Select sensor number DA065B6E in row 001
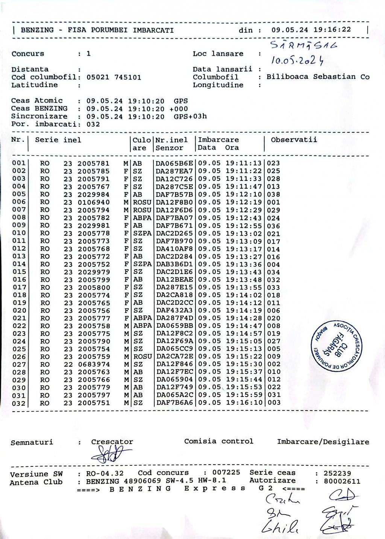pos(174,163)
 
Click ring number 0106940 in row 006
pos(94,202)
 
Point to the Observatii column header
pos(294,140)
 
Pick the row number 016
pos(19,280)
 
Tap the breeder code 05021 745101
pos(114,77)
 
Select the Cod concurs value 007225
pos(226,472)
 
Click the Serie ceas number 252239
pos(337,473)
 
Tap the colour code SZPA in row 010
pos(142,233)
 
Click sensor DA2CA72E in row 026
pos(174,356)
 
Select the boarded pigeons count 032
pos(93,124)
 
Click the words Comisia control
pos(218,441)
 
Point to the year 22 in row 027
pos(68,364)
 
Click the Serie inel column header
pos(58,140)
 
